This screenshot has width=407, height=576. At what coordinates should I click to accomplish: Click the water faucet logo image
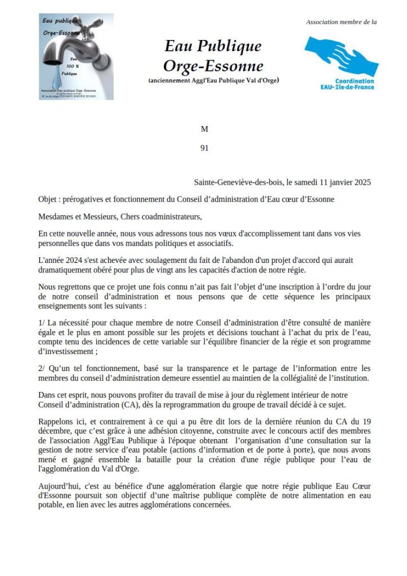click(77, 56)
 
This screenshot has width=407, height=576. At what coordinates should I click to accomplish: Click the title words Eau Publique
click(213, 46)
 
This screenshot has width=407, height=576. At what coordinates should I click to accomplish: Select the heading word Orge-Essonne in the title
click(213, 66)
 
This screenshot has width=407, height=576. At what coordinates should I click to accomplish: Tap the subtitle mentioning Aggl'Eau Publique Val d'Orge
click(213, 81)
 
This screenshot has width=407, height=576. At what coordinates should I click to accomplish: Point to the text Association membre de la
click(341, 22)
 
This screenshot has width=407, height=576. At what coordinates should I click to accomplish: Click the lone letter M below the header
click(204, 129)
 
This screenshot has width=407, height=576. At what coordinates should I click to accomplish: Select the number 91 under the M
click(204, 149)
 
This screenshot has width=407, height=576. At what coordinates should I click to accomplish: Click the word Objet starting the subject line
click(48, 199)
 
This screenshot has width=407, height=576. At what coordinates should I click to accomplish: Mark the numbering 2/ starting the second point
click(42, 368)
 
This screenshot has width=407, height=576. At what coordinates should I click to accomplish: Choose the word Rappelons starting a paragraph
click(57, 422)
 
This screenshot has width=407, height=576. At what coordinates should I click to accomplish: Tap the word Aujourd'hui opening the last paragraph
click(59, 485)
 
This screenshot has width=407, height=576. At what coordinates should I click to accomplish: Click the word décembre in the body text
click(55, 431)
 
